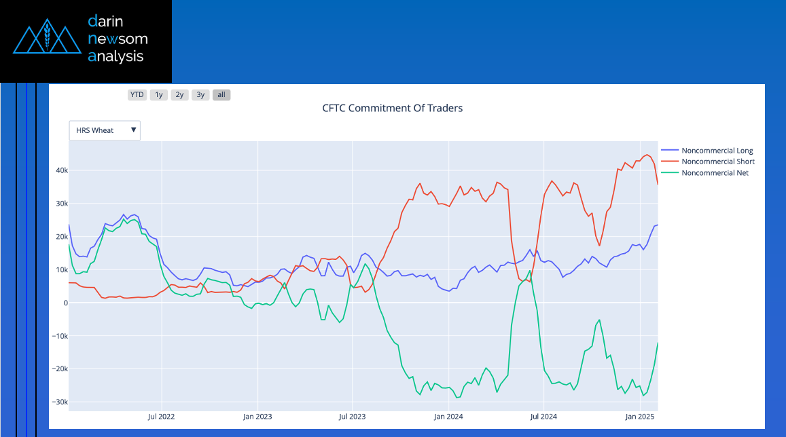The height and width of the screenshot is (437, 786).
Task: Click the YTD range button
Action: coord(137,95)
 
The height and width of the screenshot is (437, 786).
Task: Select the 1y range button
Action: coord(159,95)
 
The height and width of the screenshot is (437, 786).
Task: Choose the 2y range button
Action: coord(179,95)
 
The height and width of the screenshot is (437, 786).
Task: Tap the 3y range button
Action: coord(200,95)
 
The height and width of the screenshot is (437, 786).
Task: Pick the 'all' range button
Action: coord(221,95)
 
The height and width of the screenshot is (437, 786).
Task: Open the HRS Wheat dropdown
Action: coord(105,130)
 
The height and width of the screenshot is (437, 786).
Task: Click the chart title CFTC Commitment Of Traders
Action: coord(392,109)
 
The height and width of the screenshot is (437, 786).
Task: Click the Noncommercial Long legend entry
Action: coord(717,151)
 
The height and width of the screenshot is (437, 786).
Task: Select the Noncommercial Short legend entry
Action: coord(717,161)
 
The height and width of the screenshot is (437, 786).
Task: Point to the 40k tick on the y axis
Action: coord(61,170)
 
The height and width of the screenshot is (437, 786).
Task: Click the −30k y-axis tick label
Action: coord(60,402)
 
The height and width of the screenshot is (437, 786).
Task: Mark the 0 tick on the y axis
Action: coord(66,303)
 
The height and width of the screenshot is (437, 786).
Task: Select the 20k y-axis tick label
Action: coord(61,237)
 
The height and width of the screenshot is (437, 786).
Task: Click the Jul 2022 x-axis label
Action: coord(162,416)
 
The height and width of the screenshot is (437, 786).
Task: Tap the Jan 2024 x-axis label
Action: coord(448,416)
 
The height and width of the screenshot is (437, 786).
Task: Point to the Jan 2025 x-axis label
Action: coord(639,416)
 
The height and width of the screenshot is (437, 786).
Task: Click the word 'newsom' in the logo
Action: coord(118,39)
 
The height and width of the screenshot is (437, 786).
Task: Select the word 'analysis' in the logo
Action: coord(115,56)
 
